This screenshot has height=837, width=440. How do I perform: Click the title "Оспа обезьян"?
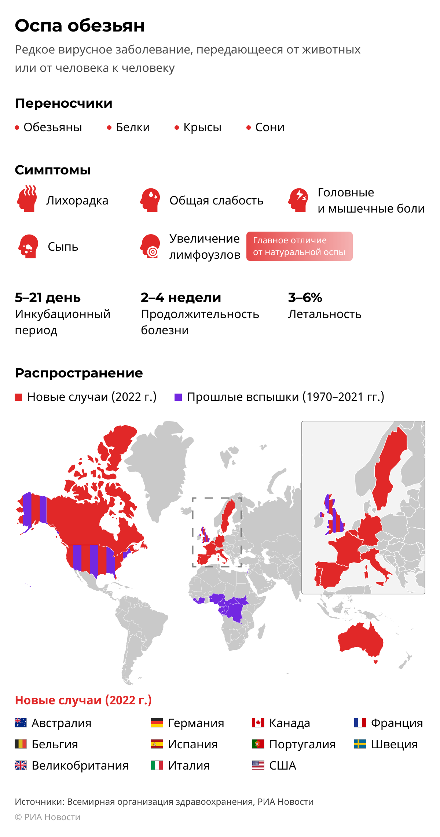pyautogui.click(x=80, y=26)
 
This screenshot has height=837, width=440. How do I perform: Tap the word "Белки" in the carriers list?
pyautogui.click(x=133, y=127)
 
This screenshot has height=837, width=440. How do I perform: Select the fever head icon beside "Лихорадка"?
pyautogui.click(x=27, y=199)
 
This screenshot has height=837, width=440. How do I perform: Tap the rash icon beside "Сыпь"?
pyautogui.click(x=28, y=246)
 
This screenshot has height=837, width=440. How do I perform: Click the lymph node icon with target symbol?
pyautogui.click(x=150, y=246)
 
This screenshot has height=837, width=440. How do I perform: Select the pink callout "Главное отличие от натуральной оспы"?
pyautogui.click(x=299, y=246)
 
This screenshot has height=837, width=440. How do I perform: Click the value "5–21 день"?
pyautogui.click(x=48, y=298)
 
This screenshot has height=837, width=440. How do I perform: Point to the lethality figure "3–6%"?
pyautogui.click(x=305, y=298)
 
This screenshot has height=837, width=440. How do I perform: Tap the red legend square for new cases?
pyautogui.click(x=18, y=397)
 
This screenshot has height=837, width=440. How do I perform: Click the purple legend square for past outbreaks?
pyautogui.click(x=178, y=397)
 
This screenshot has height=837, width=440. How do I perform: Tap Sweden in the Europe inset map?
pyautogui.click(x=389, y=473)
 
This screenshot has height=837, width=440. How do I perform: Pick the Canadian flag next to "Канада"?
pyautogui.click(x=258, y=723)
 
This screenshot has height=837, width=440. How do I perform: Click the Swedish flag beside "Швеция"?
pyautogui.click(x=360, y=744)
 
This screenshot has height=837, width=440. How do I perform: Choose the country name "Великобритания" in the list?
pyautogui.click(x=80, y=766)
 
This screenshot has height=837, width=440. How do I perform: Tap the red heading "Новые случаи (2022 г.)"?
pyautogui.click(x=83, y=700)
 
